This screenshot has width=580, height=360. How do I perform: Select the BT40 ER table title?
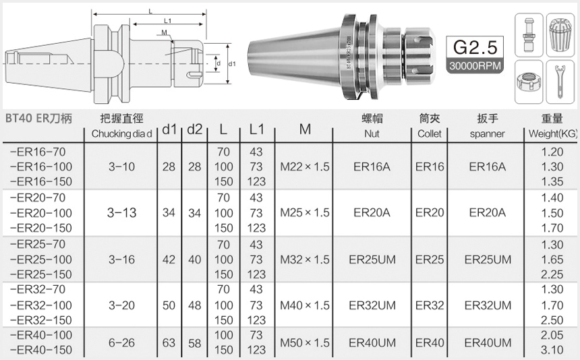tap(39, 117)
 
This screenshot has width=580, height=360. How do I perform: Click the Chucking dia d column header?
tap(122, 133)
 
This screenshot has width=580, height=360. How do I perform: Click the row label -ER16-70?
tap(38, 152)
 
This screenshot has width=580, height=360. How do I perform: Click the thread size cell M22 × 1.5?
tap(305, 167)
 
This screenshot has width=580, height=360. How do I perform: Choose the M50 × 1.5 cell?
tap(305, 343)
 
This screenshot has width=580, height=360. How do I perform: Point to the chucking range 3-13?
tap(122, 212)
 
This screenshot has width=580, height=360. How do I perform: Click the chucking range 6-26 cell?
tap(122, 343)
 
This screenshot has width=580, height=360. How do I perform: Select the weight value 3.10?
tap(552, 351)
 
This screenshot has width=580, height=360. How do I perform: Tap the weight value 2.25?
tap(552, 274)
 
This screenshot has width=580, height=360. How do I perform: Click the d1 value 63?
tap(169, 343)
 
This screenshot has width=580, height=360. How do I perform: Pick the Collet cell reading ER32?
tap(430, 305)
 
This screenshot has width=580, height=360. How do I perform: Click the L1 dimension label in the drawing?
tap(167, 21)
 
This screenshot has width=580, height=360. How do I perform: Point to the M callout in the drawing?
tap(165, 32)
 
